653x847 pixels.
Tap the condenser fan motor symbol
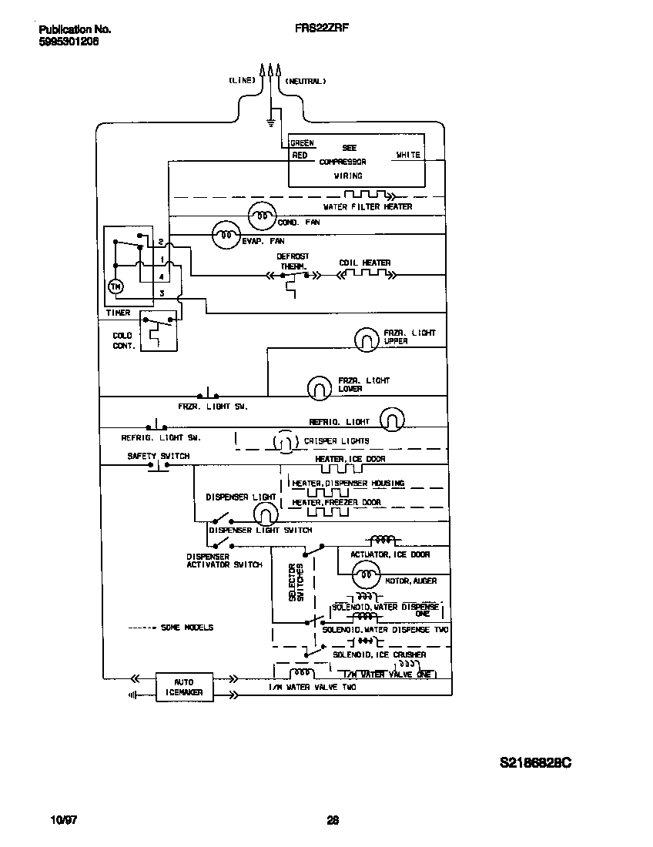(x=261, y=217)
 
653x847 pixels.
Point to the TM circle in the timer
(x=116, y=287)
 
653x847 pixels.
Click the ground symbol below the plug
(x=270, y=122)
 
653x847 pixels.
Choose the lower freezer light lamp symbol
(x=320, y=388)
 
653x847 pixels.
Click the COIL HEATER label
(x=364, y=263)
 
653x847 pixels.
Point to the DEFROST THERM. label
(x=293, y=261)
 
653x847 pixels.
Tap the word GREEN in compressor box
(x=302, y=143)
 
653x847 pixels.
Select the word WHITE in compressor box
(x=408, y=155)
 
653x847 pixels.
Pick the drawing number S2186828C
(x=535, y=763)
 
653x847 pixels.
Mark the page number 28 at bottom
(x=333, y=820)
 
